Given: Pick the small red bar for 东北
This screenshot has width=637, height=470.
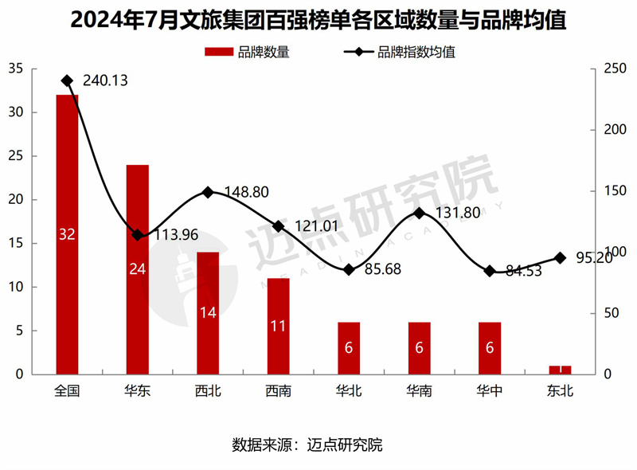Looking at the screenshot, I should click(560, 370).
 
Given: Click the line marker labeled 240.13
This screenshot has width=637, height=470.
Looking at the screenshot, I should click(67, 80).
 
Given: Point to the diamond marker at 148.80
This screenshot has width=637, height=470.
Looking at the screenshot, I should click(208, 192).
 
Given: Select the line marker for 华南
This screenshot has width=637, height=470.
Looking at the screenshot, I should click(419, 213).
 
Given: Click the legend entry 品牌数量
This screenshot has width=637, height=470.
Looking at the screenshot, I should click(247, 53).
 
